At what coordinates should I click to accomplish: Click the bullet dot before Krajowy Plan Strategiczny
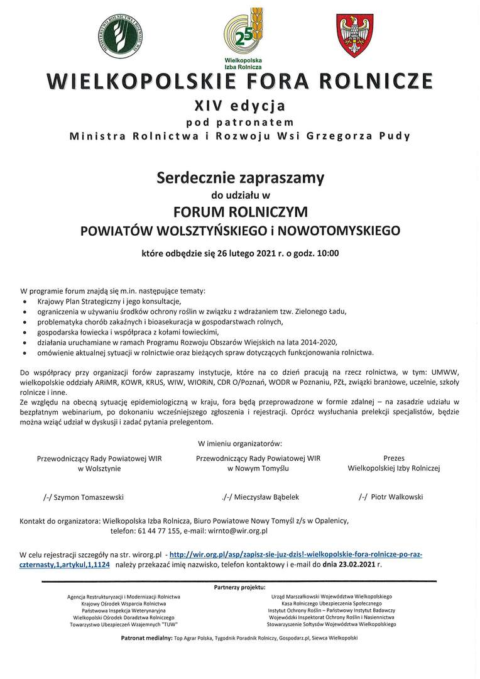tap(25, 302)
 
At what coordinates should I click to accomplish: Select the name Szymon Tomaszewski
tap(88, 497)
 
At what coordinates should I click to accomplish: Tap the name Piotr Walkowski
tap(396, 497)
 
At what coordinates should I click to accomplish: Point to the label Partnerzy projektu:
tap(239, 587)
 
